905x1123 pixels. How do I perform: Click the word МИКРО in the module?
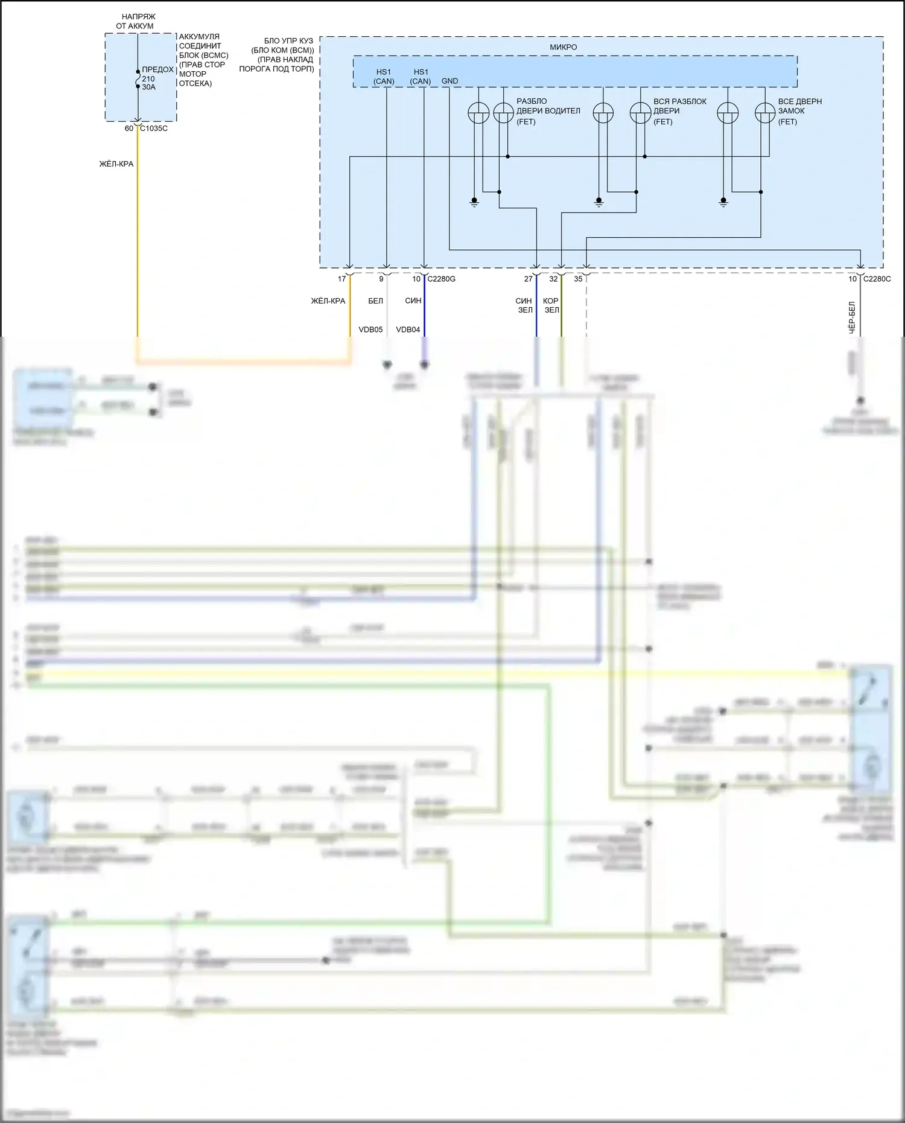[x=563, y=47]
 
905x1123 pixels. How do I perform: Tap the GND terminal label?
[x=449, y=81]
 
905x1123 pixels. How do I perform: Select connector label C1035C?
[x=154, y=129]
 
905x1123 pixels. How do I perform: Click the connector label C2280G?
[x=441, y=279]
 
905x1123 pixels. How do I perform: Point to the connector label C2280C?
[x=877, y=279]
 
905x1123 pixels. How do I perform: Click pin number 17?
[x=342, y=279]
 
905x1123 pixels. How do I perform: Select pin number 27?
[x=529, y=279]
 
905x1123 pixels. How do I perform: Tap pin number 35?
[x=578, y=279]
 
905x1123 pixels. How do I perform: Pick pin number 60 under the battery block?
[x=129, y=129]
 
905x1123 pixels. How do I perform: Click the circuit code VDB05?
[x=370, y=329]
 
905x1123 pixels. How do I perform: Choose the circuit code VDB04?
[x=408, y=329]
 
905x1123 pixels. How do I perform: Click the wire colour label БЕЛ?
[x=375, y=301]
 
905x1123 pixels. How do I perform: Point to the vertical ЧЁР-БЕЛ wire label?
[x=852, y=317]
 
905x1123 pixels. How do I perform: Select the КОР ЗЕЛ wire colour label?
[x=551, y=305]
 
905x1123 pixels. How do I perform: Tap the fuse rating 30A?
[x=148, y=87]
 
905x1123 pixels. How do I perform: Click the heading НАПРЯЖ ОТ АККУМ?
[x=136, y=22]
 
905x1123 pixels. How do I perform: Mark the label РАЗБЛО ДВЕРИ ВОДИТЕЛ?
[x=548, y=111]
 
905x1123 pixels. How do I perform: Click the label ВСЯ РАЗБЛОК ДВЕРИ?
[x=679, y=111]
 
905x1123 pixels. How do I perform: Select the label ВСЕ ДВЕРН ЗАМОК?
[x=799, y=111]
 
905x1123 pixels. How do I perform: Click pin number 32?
[x=553, y=279]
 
